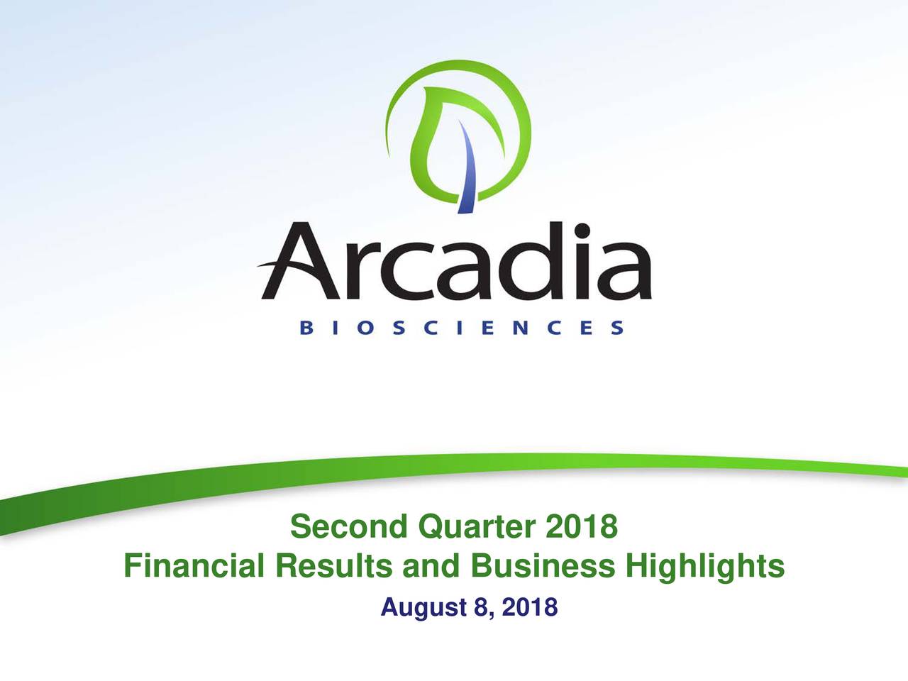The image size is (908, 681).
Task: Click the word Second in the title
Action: (x=349, y=526)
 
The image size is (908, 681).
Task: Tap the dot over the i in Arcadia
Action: (x=582, y=231)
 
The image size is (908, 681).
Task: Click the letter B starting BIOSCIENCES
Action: (x=306, y=328)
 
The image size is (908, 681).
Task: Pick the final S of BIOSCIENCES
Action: (x=618, y=328)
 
